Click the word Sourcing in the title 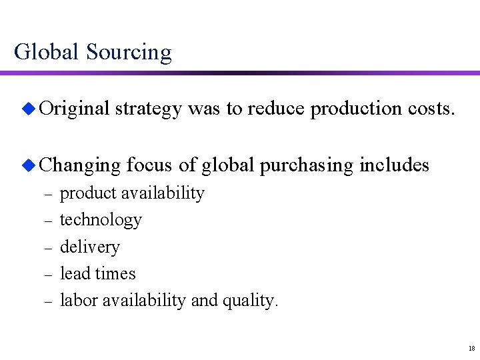[128, 52]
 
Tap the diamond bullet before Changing [29, 164]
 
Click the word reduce [277, 110]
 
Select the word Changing [79, 165]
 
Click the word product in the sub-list [86, 194]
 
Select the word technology [101, 221]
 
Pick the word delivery [90, 247]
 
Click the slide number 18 [471, 348]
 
